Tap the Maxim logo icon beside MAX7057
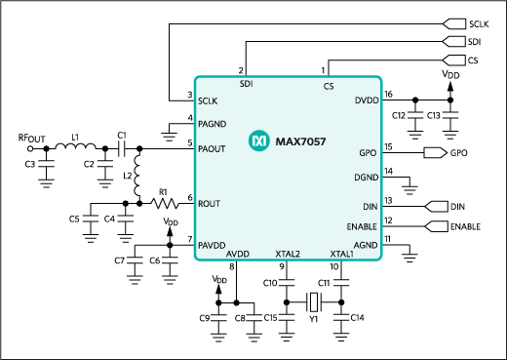click(x=258, y=141)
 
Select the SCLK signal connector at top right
click(x=453, y=21)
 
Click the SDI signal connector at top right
click(x=453, y=41)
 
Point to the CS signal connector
click(x=453, y=60)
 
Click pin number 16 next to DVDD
click(x=389, y=94)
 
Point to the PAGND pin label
click(x=213, y=122)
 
